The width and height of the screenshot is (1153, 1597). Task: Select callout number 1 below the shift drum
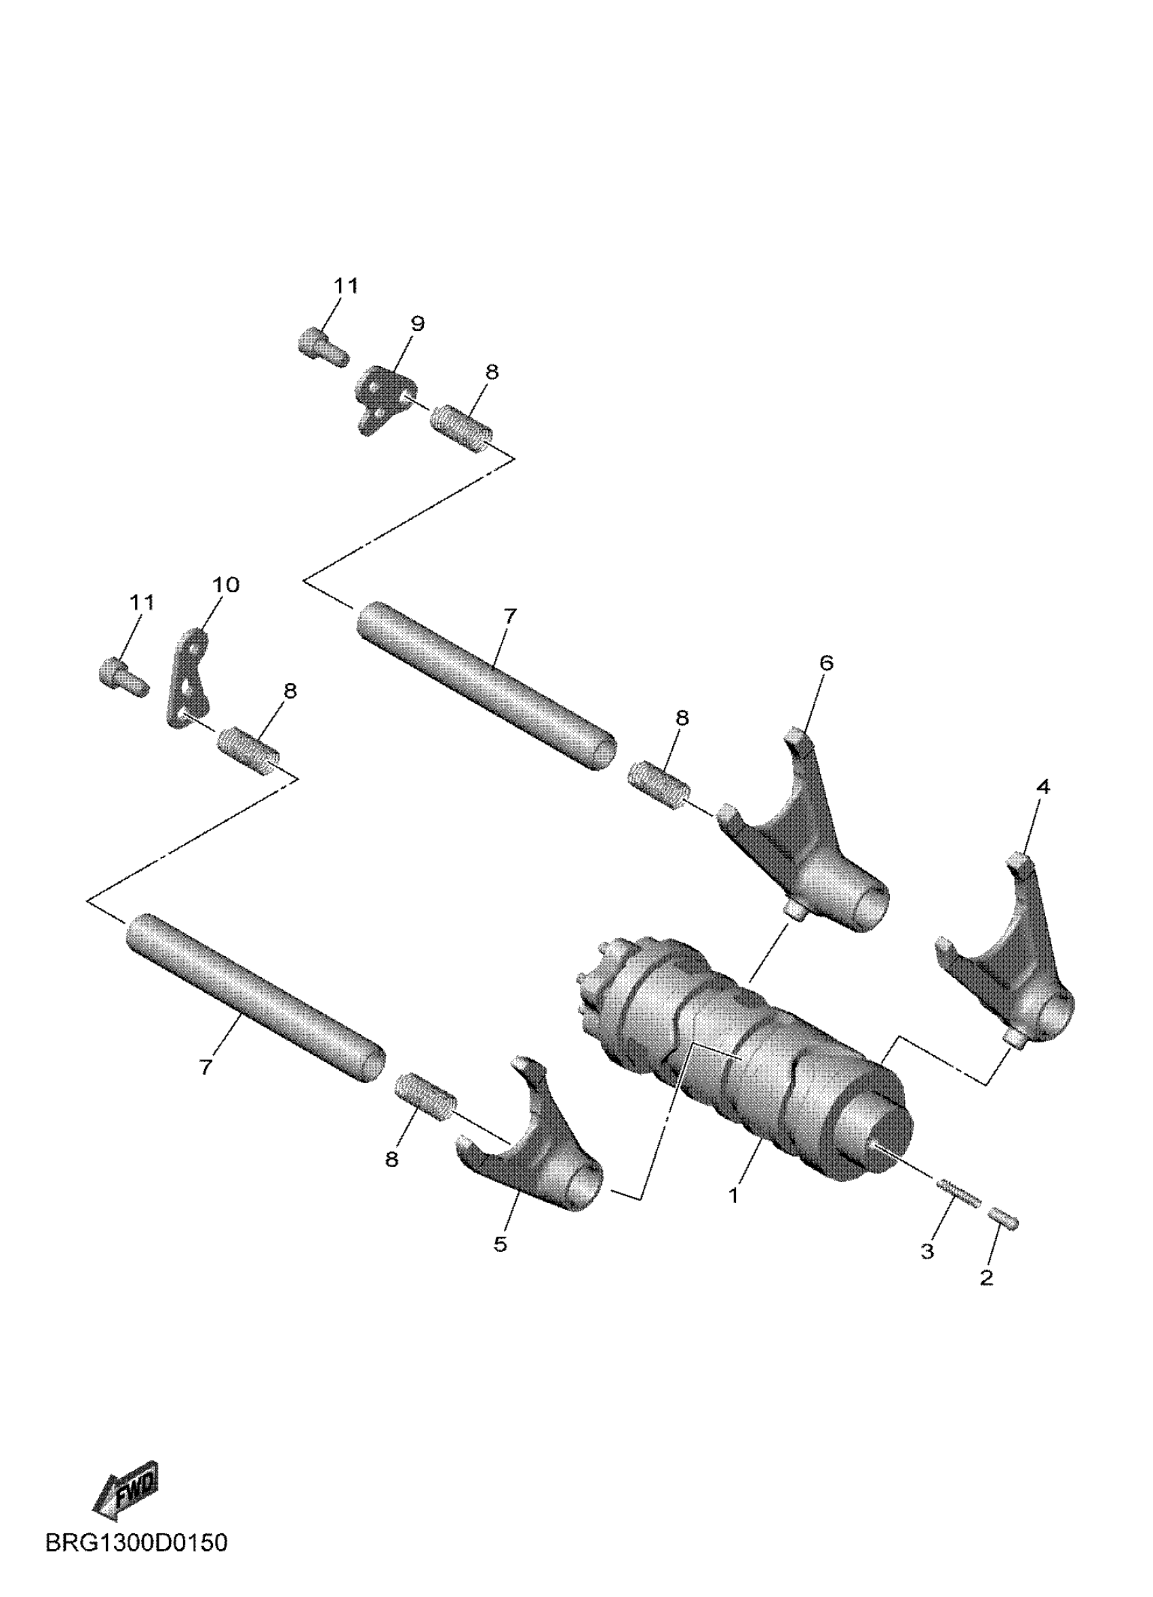(733, 1195)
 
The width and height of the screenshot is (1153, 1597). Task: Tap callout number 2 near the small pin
(987, 1277)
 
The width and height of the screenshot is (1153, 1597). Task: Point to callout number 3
(928, 1251)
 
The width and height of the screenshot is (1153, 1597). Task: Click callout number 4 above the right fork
(1043, 787)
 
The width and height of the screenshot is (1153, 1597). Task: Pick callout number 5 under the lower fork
(500, 1244)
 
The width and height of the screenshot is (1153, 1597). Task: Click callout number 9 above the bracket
(417, 324)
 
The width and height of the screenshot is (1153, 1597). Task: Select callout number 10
(226, 585)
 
